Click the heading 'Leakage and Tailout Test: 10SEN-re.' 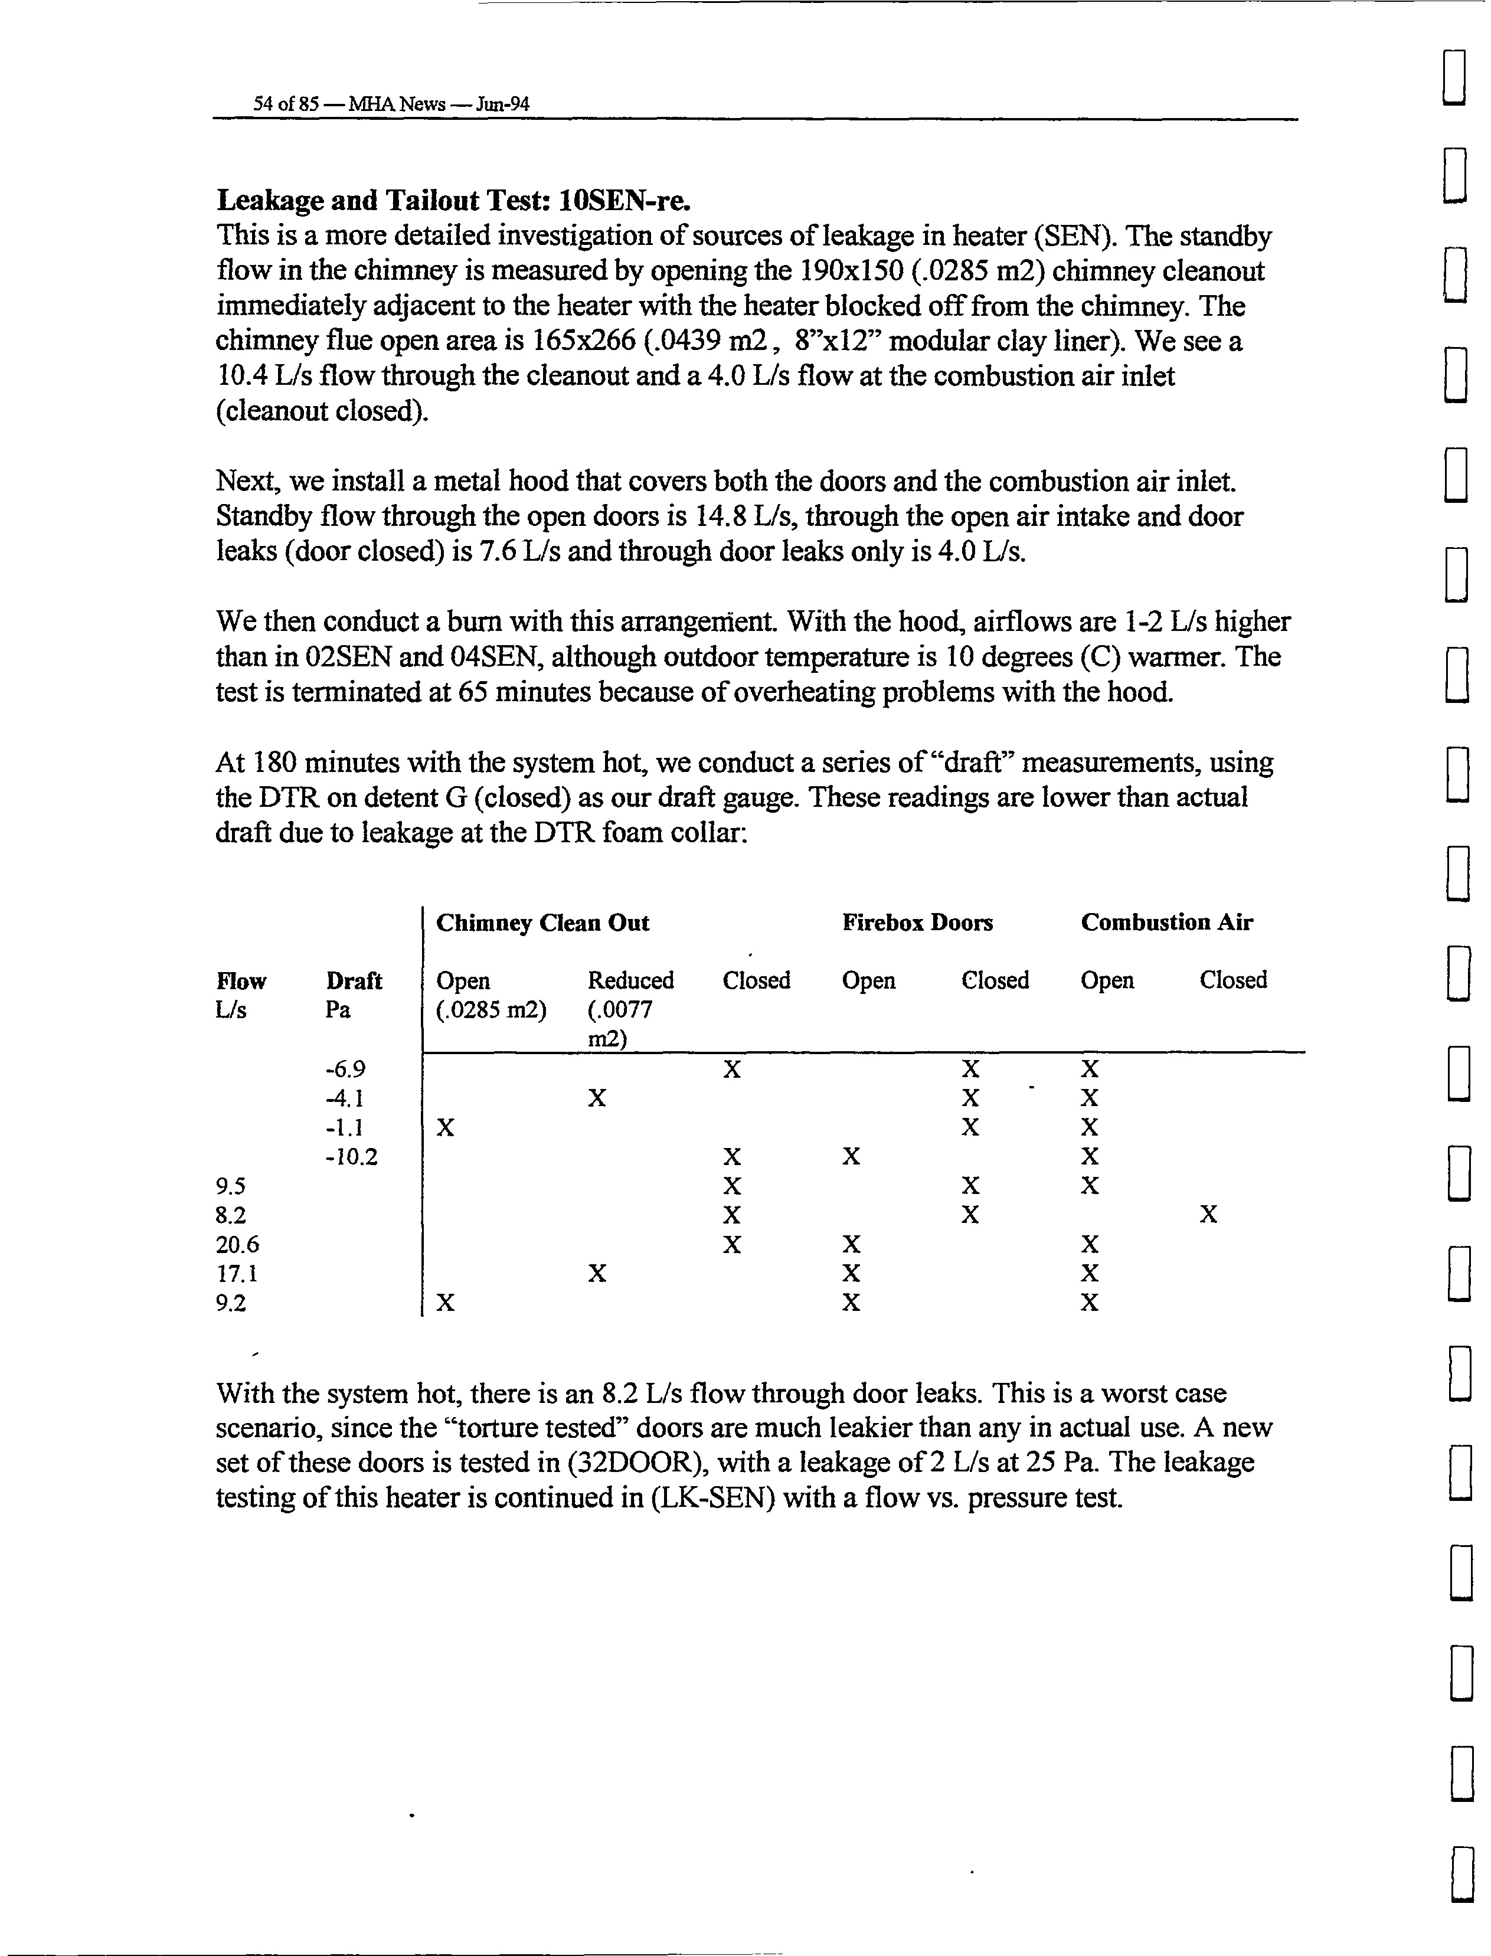click(x=453, y=201)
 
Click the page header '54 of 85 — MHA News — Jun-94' click(x=391, y=104)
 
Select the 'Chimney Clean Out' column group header click(x=542, y=923)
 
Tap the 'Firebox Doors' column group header click(x=917, y=923)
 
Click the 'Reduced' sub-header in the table click(x=630, y=981)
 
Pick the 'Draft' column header click(x=353, y=981)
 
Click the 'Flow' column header click(x=240, y=981)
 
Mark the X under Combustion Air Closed click(x=1208, y=1215)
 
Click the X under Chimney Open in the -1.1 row click(x=446, y=1128)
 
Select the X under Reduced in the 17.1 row click(x=597, y=1274)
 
